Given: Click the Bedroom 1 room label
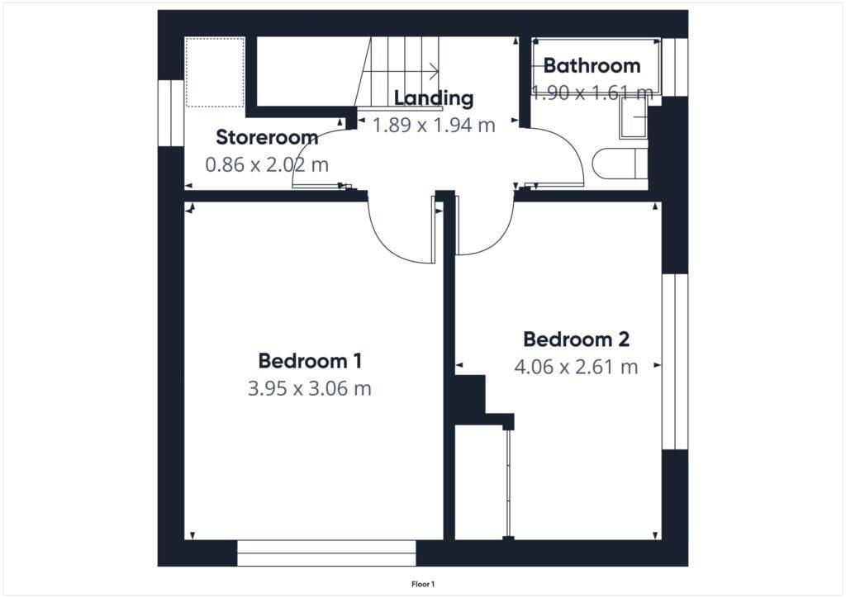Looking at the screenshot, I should click(310, 361).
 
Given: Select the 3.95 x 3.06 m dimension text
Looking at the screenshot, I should click(310, 388).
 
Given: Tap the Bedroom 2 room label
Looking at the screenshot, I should click(577, 339).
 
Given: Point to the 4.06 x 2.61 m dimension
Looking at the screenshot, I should click(577, 367).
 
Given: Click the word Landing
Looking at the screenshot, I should click(434, 98).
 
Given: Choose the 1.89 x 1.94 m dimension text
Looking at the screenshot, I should click(434, 126).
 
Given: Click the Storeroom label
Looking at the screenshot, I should click(267, 137).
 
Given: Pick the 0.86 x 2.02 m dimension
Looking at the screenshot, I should click(267, 164).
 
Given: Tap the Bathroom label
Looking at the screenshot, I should click(592, 65).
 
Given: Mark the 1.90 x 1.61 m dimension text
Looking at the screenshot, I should click(592, 93).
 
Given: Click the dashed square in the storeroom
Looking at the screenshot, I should click(215, 72).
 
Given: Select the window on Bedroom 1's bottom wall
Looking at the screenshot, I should click(326, 553).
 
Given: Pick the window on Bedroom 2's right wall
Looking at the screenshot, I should click(675, 362).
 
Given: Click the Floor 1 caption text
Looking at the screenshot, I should click(423, 585).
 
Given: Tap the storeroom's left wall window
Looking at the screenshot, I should click(170, 113).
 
